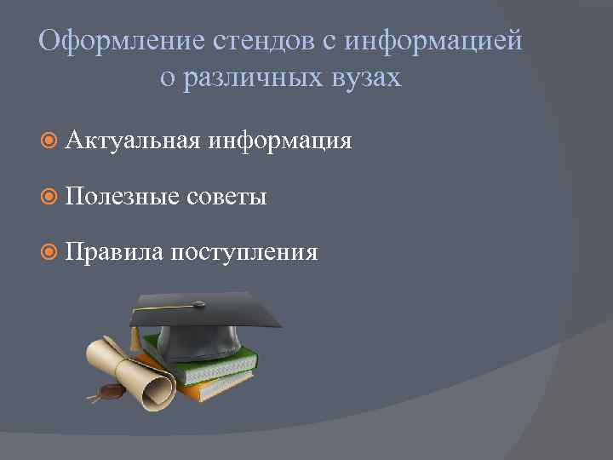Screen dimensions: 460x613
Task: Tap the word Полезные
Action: coord(122,197)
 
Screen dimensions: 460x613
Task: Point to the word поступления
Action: coord(243,253)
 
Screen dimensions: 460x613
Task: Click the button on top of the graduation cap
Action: coord(199,303)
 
